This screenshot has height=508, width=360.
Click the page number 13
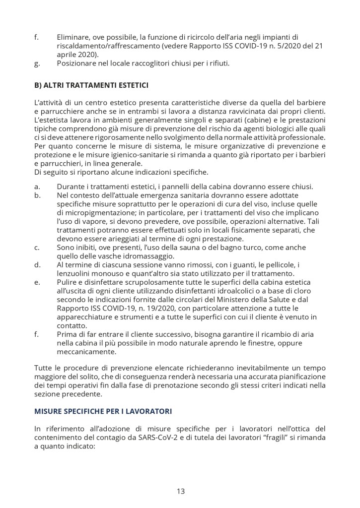[180, 491]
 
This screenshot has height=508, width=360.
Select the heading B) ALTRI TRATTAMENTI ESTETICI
[91, 85]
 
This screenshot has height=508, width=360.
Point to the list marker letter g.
[37, 63]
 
